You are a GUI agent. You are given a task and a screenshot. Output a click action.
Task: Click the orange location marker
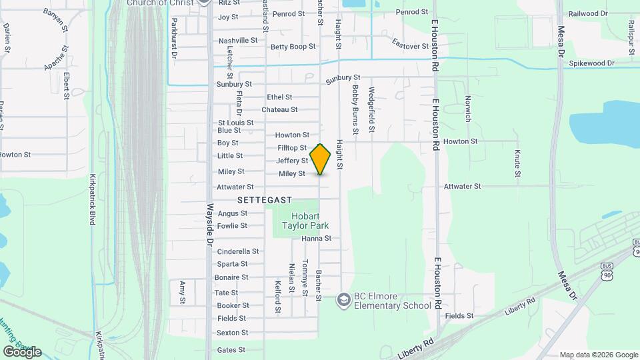click(321, 159)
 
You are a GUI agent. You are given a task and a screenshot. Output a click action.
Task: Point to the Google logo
click(22, 351)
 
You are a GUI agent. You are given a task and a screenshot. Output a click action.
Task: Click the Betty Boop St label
click(293, 47)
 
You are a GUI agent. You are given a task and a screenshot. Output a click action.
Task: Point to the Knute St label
click(517, 163)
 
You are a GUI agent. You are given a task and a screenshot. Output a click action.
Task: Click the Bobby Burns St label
click(355, 109)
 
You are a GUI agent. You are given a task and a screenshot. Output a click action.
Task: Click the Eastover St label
click(410, 46)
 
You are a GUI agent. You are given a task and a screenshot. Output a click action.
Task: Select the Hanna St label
click(316, 238)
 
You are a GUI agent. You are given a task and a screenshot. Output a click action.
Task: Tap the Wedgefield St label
click(371, 109)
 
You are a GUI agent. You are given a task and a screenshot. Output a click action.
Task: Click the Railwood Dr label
click(587, 13)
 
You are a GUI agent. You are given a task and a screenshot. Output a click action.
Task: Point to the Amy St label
click(182, 292)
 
